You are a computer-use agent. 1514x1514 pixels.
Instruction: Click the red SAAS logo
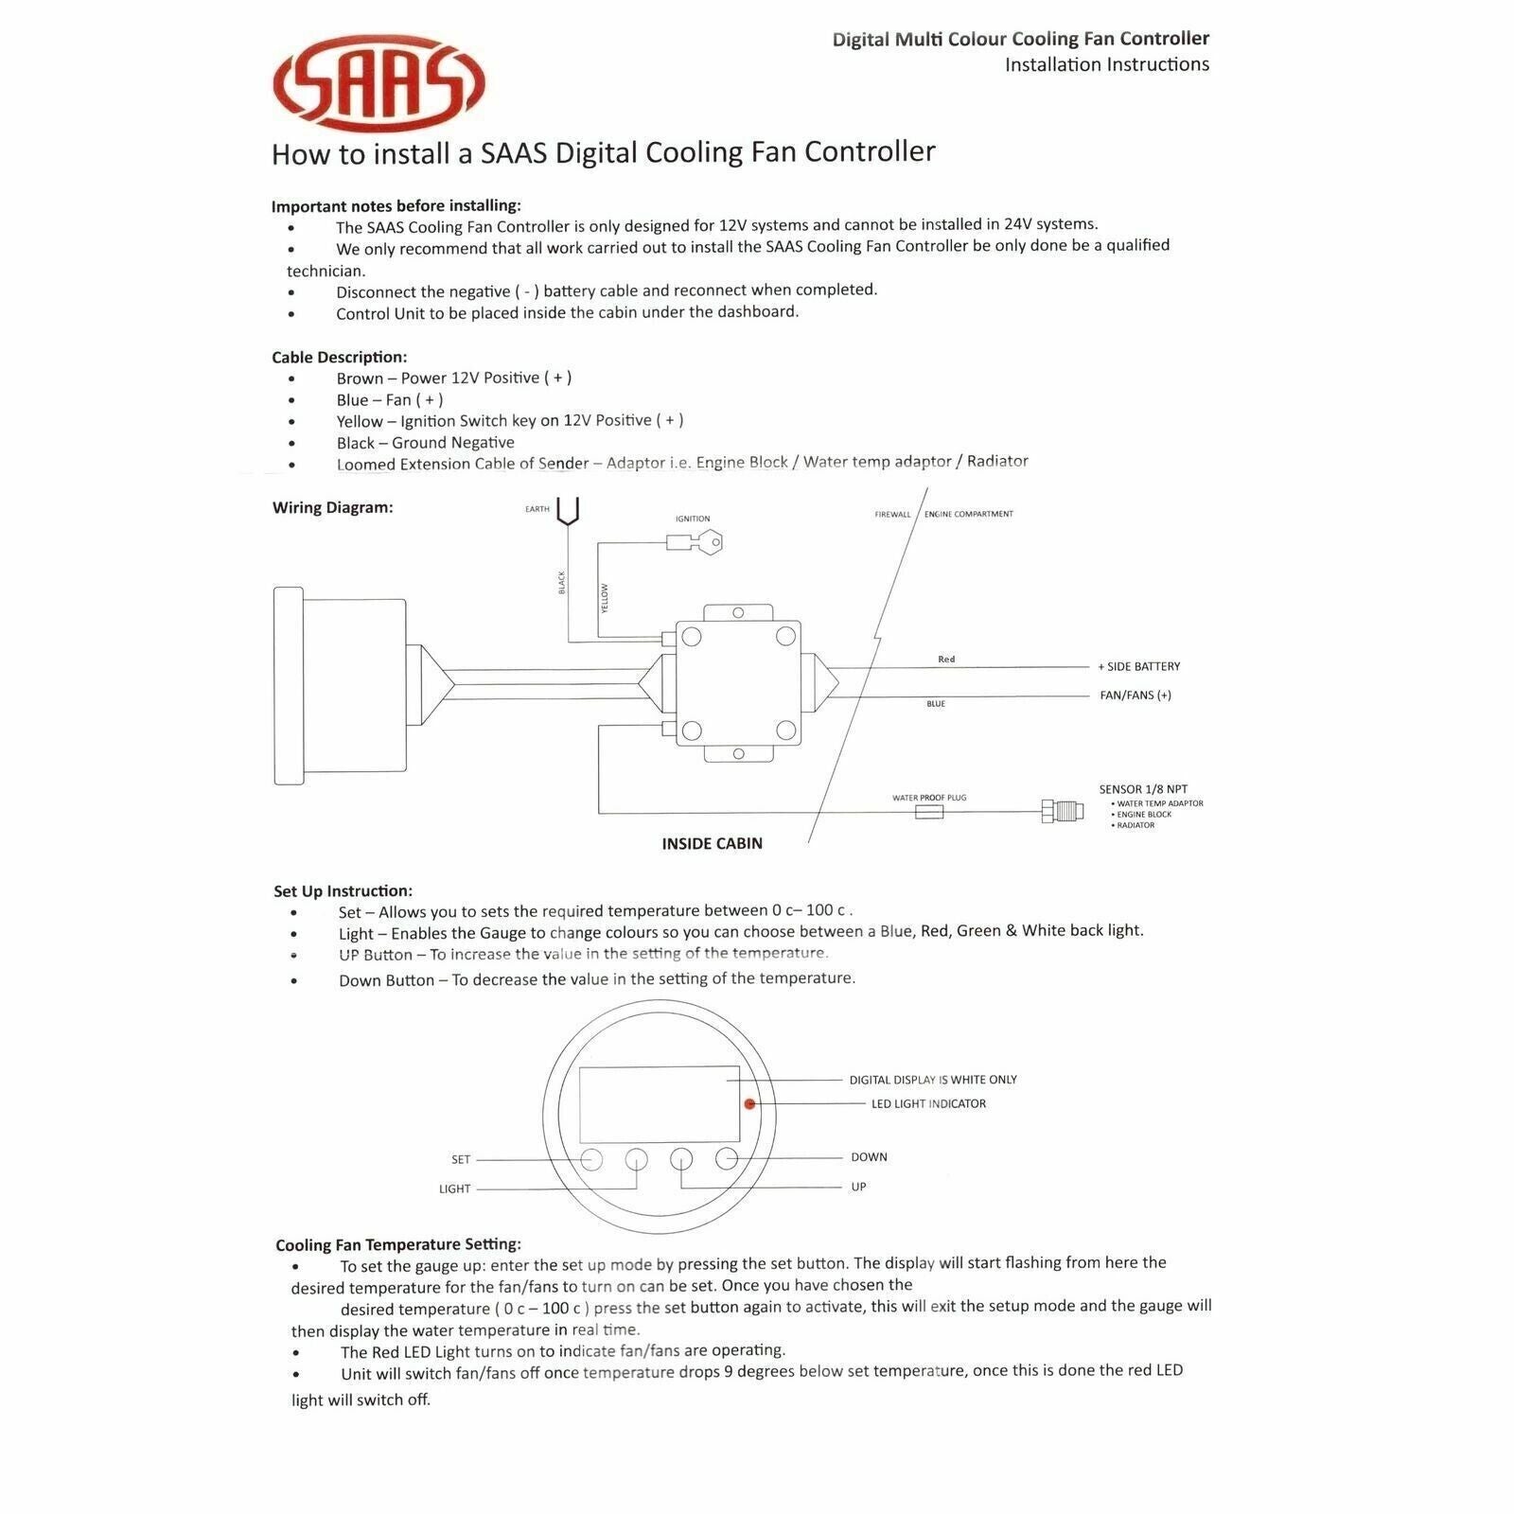click(378, 83)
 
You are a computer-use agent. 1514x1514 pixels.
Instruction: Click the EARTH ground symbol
click(568, 512)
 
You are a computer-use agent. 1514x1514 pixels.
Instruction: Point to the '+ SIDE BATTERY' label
click(1138, 666)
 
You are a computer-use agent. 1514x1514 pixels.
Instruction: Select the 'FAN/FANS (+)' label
click(1135, 695)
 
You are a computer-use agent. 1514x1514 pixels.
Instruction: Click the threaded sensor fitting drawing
click(1063, 811)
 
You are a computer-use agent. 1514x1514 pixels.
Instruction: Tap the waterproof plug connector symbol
click(929, 812)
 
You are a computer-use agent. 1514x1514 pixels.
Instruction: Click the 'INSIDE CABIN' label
click(712, 843)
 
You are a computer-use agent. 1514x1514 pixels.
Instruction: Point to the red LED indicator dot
click(749, 1103)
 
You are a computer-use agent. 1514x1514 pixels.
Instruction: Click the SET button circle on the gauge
click(591, 1159)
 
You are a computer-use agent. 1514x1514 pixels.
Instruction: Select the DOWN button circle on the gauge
click(726, 1157)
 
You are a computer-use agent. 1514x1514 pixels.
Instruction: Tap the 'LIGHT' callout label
click(454, 1188)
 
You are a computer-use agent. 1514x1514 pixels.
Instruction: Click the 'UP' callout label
click(858, 1187)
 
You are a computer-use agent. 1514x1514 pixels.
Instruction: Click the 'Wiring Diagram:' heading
click(332, 507)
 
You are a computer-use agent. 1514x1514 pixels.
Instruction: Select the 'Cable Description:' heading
click(339, 357)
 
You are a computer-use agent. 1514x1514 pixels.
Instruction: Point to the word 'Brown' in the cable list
click(360, 378)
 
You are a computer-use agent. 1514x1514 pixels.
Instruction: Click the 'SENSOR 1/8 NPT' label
click(1143, 789)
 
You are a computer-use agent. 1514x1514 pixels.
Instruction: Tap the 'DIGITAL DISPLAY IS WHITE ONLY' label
click(933, 1080)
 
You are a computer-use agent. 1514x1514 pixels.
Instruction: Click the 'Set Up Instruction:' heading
click(343, 890)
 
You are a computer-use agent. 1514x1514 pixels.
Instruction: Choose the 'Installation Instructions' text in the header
click(1106, 64)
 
